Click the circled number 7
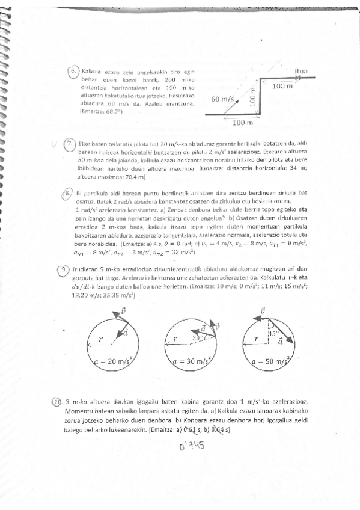tap(70, 144)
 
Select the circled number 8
tap(69, 192)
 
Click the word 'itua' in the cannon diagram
tap(301, 71)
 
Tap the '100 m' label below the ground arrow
tap(242, 123)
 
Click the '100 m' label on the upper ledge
tap(282, 87)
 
